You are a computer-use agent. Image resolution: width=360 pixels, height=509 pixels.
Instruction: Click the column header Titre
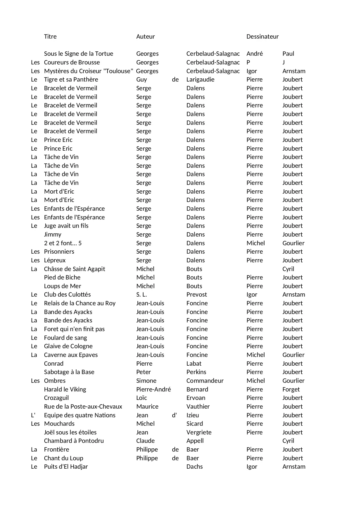coord(50,37)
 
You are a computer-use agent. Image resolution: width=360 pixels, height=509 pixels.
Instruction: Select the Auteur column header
coord(145,37)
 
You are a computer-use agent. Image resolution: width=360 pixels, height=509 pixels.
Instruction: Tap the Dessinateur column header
coord(262,37)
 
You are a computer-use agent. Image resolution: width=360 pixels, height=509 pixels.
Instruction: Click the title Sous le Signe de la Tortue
coord(78,54)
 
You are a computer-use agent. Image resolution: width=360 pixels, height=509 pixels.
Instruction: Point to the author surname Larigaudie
coord(200,80)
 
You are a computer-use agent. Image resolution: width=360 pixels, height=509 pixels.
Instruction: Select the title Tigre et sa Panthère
coord(71,80)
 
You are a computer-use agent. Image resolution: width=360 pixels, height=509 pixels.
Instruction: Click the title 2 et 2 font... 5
coord(63,243)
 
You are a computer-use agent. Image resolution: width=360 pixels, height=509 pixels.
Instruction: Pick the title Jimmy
coord(53,234)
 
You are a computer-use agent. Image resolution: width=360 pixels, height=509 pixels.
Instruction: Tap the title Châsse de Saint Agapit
coord(74,269)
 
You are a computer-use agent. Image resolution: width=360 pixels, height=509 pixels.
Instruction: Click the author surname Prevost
coord(196,295)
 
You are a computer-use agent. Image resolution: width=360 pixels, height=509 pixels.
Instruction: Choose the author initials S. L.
coord(142,295)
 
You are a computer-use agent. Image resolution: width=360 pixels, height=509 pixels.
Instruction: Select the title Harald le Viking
coord(65,389)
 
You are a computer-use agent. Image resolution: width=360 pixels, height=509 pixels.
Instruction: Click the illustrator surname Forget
coord(291,389)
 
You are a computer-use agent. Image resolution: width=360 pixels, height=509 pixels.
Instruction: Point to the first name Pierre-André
coord(153,389)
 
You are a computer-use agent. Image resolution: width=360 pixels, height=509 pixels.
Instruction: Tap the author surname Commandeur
coord(205,381)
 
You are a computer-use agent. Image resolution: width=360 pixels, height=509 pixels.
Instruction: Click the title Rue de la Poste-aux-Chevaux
coord(83,407)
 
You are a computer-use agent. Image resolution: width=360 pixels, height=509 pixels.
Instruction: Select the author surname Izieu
coord(193,415)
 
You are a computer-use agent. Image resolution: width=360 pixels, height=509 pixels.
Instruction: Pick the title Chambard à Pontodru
coord(74,441)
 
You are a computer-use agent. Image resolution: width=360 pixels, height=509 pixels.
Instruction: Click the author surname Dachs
coord(194,467)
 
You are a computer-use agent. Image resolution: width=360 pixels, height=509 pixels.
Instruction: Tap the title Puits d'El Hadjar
coord(66,467)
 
